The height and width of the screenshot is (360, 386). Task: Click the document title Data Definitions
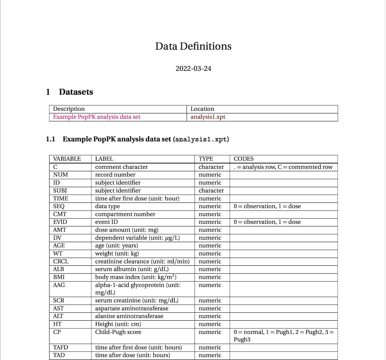click(193, 46)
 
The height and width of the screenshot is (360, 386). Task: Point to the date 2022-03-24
click(193, 69)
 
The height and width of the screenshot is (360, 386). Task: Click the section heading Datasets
click(76, 92)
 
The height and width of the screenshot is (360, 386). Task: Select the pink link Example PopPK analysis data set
click(96, 117)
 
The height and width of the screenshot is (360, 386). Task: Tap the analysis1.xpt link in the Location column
click(208, 117)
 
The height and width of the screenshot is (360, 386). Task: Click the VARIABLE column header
click(67, 159)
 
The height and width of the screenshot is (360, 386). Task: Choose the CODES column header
click(244, 159)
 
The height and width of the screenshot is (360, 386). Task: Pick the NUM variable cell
click(60, 175)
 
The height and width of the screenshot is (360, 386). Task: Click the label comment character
click(121, 167)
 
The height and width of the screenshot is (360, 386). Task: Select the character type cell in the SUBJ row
click(211, 191)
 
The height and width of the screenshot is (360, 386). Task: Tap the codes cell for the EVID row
click(267, 222)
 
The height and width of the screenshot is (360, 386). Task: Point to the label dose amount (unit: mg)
click(127, 230)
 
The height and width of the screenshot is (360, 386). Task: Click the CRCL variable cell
click(61, 261)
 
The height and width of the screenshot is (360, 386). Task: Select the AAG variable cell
click(59, 285)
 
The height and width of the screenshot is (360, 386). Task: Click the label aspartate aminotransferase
click(132, 308)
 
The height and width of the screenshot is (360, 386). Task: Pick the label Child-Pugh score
click(118, 332)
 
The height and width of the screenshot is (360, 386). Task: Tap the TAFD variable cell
click(61, 347)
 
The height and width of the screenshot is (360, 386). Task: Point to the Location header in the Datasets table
click(202, 109)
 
